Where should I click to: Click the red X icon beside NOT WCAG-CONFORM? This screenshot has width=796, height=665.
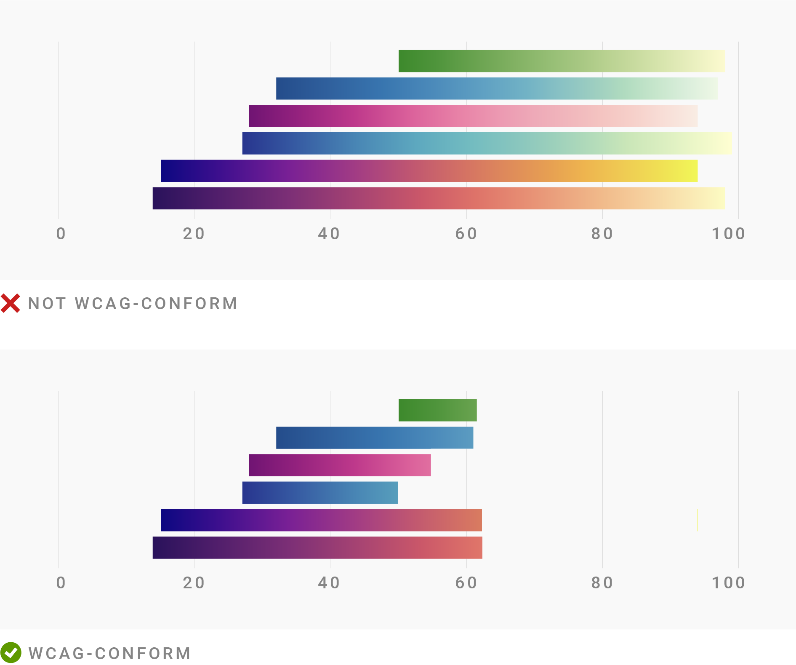pos(11,303)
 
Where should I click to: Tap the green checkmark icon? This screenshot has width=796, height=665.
pos(11,653)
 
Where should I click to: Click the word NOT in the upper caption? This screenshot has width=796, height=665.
pos(47,304)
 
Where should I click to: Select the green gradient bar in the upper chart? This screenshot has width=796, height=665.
pos(562,61)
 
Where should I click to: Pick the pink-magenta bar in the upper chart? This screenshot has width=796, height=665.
pos(473,116)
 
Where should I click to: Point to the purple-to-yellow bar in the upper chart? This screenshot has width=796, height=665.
pos(429,171)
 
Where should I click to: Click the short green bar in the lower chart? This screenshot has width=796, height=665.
pos(437,410)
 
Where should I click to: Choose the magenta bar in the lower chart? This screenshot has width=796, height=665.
pos(340,465)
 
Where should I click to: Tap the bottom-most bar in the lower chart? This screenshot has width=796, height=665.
pos(317,547)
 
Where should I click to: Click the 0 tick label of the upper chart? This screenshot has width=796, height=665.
pos(61,234)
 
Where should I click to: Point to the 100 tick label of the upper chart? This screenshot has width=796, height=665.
pos(728,234)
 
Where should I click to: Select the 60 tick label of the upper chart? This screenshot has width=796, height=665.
pos(466,234)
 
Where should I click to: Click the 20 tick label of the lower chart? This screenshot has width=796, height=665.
pos(194,583)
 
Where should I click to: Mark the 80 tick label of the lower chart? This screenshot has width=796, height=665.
pos(602,583)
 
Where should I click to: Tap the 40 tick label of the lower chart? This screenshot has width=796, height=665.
pos(329,583)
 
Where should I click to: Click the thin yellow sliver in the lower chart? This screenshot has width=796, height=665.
pos(697,520)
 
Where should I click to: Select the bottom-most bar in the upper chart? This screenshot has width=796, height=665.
pos(438,198)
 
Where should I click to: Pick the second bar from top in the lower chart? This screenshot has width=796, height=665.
pos(375,438)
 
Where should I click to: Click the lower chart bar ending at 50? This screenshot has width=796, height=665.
pos(320,493)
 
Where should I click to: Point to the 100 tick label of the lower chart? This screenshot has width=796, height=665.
pos(728,583)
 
